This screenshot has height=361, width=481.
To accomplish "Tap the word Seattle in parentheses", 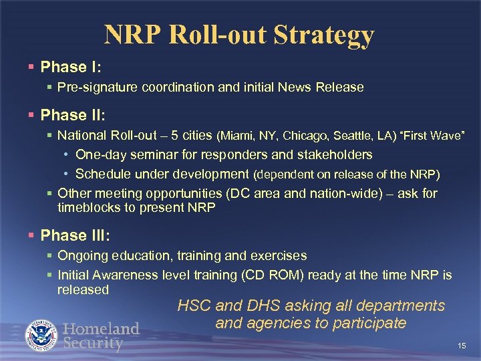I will pos(351,136).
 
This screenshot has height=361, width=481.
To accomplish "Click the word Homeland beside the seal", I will pos(101,329).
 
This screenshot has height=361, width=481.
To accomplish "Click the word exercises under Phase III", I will pos(277,256).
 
